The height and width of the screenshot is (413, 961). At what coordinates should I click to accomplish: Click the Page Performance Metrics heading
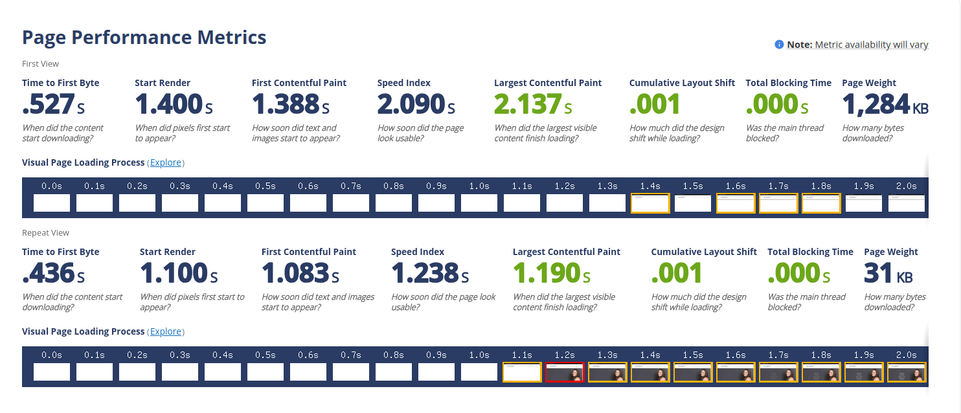[144, 38]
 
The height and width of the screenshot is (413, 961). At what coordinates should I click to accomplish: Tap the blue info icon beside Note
[779, 45]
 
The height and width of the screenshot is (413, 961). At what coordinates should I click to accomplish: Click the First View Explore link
[166, 162]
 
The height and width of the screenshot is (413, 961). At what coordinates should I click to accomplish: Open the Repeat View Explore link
[166, 331]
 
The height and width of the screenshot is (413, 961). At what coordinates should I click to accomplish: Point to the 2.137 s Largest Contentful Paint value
[533, 104]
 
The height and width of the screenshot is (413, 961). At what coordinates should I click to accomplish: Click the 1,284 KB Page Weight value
[885, 104]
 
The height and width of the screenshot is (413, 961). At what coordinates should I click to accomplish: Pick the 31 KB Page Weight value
[888, 273]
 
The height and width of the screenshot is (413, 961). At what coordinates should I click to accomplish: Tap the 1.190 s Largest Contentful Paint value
[551, 273]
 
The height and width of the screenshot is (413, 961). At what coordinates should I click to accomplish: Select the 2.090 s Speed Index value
[416, 104]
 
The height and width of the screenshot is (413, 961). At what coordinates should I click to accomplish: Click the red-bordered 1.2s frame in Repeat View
[565, 372]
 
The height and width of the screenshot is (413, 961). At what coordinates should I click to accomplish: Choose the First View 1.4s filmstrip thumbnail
[650, 203]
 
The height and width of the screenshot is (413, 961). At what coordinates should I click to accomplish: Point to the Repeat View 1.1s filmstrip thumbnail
[522, 372]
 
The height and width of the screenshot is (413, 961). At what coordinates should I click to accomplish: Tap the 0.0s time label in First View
[52, 186]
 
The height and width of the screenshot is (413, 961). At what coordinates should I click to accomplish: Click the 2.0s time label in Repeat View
[907, 355]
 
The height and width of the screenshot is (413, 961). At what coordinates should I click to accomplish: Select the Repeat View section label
[45, 233]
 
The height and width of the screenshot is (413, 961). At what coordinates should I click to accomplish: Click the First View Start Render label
[163, 83]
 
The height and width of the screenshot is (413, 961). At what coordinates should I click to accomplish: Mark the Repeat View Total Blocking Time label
[810, 252]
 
